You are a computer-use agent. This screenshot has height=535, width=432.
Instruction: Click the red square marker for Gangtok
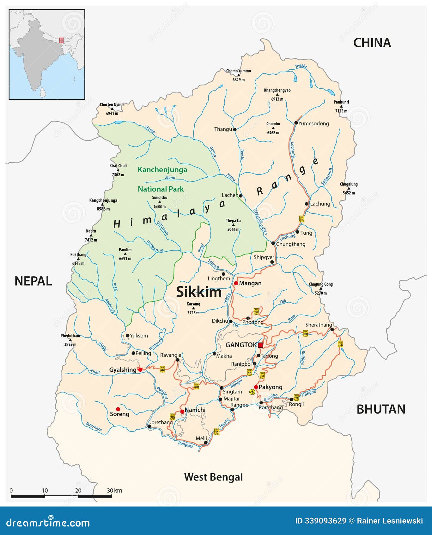[260, 345]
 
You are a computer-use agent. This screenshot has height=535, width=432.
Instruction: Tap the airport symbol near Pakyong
[252, 392]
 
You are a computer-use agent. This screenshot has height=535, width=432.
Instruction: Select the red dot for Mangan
[236, 283]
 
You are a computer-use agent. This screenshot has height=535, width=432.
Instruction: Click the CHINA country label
[372, 43]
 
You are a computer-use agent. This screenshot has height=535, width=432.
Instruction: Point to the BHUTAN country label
[381, 409]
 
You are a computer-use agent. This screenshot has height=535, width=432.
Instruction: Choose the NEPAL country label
[33, 281]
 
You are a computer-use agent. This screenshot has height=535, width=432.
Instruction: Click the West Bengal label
[213, 477]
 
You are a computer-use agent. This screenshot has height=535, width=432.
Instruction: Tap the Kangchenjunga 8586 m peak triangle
[103, 205]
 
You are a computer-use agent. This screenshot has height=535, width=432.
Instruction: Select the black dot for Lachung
[307, 204]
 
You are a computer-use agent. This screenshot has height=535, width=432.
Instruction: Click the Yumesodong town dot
[296, 123]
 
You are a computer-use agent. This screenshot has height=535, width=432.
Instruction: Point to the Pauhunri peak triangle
[341, 106]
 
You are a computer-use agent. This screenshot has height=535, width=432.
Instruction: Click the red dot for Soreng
[118, 409]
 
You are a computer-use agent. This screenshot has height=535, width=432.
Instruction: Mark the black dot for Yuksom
[127, 336]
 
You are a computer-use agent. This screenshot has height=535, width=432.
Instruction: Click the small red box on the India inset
[61, 40]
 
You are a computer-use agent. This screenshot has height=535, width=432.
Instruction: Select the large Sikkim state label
[199, 292]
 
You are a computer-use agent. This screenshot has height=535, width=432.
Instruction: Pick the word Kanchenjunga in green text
[162, 170]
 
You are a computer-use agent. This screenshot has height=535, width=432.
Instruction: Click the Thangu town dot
[234, 129]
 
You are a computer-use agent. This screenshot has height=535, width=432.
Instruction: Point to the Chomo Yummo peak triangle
[239, 75]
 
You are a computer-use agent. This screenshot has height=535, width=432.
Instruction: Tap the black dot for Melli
[205, 443]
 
